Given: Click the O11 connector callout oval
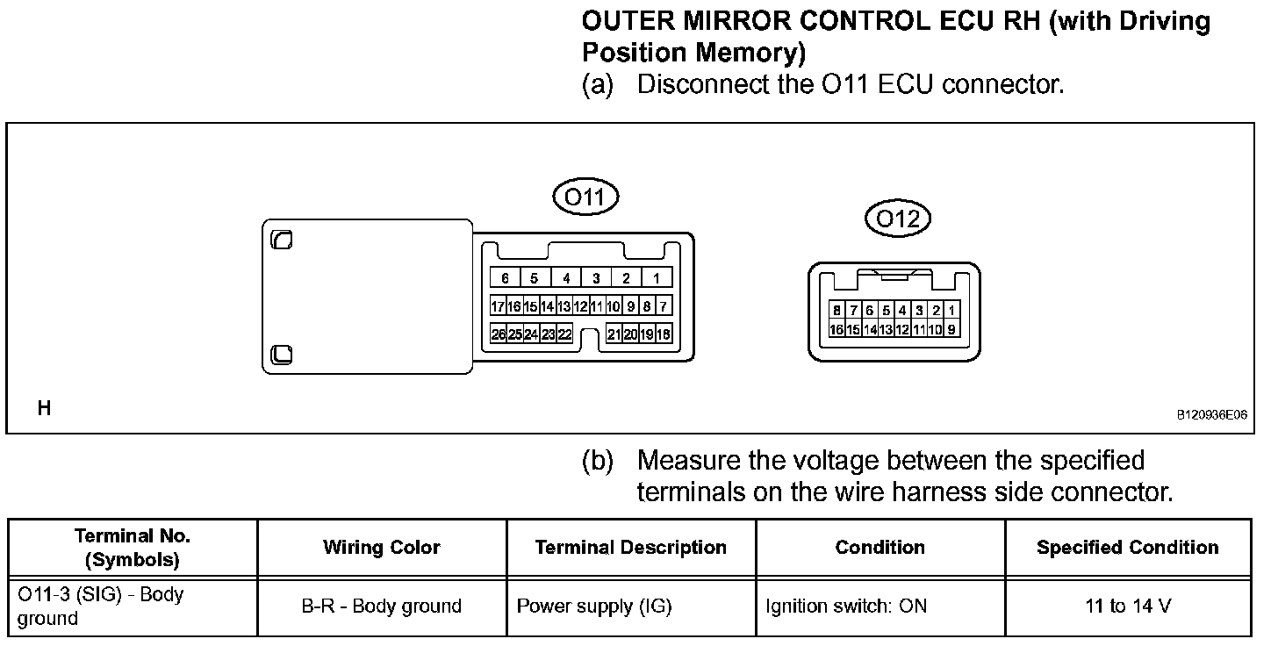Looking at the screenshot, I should pyautogui.click(x=585, y=197).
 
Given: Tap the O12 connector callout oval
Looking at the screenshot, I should pyautogui.click(x=897, y=219).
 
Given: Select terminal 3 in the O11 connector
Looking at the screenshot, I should pyautogui.click(x=596, y=278).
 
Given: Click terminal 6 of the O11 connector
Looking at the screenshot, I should pyautogui.click(x=505, y=278).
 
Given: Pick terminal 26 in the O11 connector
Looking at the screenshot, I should pyautogui.click(x=499, y=334).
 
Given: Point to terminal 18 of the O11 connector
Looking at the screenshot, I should pyautogui.click(x=664, y=334).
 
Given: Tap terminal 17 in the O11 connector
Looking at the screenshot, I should pyautogui.click(x=499, y=306).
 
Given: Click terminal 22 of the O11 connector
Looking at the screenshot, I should pyautogui.click(x=565, y=334).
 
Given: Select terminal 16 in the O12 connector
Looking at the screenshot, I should pyautogui.click(x=836, y=329).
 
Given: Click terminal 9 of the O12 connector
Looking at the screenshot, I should pyautogui.click(x=951, y=329).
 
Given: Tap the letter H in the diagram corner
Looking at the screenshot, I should pyautogui.click(x=44, y=408).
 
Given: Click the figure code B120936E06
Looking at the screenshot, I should pyautogui.click(x=1211, y=417).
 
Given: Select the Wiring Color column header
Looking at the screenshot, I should pyautogui.click(x=382, y=548).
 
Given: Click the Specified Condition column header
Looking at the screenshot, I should pyautogui.click(x=1127, y=548).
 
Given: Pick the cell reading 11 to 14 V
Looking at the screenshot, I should pyautogui.click(x=1127, y=606).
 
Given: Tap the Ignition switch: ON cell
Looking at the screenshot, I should pyautogui.click(x=845, y=606).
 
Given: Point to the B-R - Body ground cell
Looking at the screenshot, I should pyautogui.click(x=382, y=606).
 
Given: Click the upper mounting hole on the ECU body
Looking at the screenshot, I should pyautogui.click(x=282, y=240).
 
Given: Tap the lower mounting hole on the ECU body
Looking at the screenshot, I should pyautogui.click(x=282, y=354).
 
